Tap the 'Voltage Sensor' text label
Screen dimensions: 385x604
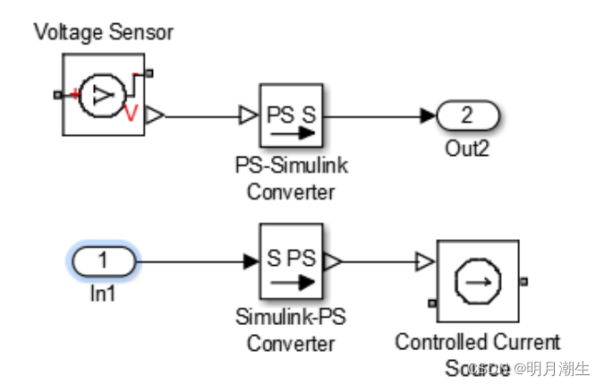[103, 33]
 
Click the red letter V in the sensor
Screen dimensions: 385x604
[131, 113]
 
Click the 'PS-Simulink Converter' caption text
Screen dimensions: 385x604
[291, 176]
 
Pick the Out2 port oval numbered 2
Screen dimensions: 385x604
[467, 116]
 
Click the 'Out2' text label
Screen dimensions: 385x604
[467, 148]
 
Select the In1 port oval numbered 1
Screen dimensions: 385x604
[102, 262]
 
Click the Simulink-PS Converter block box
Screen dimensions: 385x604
[291, 262]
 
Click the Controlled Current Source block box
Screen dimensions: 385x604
[477, 281]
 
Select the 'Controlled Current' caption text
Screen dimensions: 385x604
[478, 342]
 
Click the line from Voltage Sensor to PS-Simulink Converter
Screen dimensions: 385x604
[201, 116]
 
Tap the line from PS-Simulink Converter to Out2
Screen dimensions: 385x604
[376, 116]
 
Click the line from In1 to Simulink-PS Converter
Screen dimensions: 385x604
[192, 262]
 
